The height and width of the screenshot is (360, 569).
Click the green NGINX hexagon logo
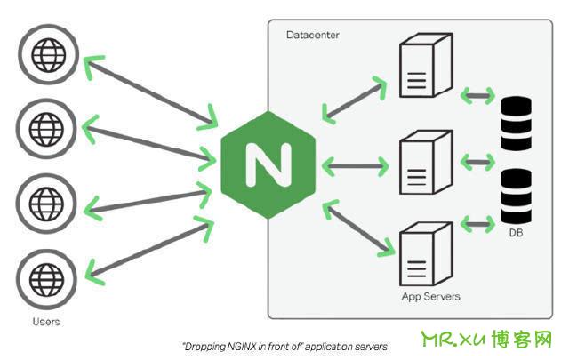pos(268,165)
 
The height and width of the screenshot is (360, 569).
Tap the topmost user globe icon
pos(49,55)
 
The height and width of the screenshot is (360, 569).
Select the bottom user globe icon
pos(47,279)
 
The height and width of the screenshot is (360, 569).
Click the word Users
pos(46,322)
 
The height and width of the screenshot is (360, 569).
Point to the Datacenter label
pos(312,35)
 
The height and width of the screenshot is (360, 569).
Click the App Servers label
pos(430,297)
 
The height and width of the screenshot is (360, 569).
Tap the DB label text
pos(516,233)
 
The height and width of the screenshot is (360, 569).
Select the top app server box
pos(426,65)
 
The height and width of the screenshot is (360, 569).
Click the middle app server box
pos(426,162)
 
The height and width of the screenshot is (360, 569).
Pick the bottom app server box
pos(426,253)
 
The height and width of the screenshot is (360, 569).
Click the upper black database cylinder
pos(516,124)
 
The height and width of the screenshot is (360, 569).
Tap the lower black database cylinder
pos(516,196)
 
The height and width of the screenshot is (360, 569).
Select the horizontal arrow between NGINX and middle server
pos(356,166)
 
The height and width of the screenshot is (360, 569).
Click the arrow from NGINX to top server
pos(354,99)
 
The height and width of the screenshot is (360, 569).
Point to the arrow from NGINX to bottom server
pos(357,228)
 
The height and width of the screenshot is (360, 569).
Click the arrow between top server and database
pos(477,96)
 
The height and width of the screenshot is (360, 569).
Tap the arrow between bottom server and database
pos(477,224)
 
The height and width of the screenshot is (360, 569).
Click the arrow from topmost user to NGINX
pos(150,93)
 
